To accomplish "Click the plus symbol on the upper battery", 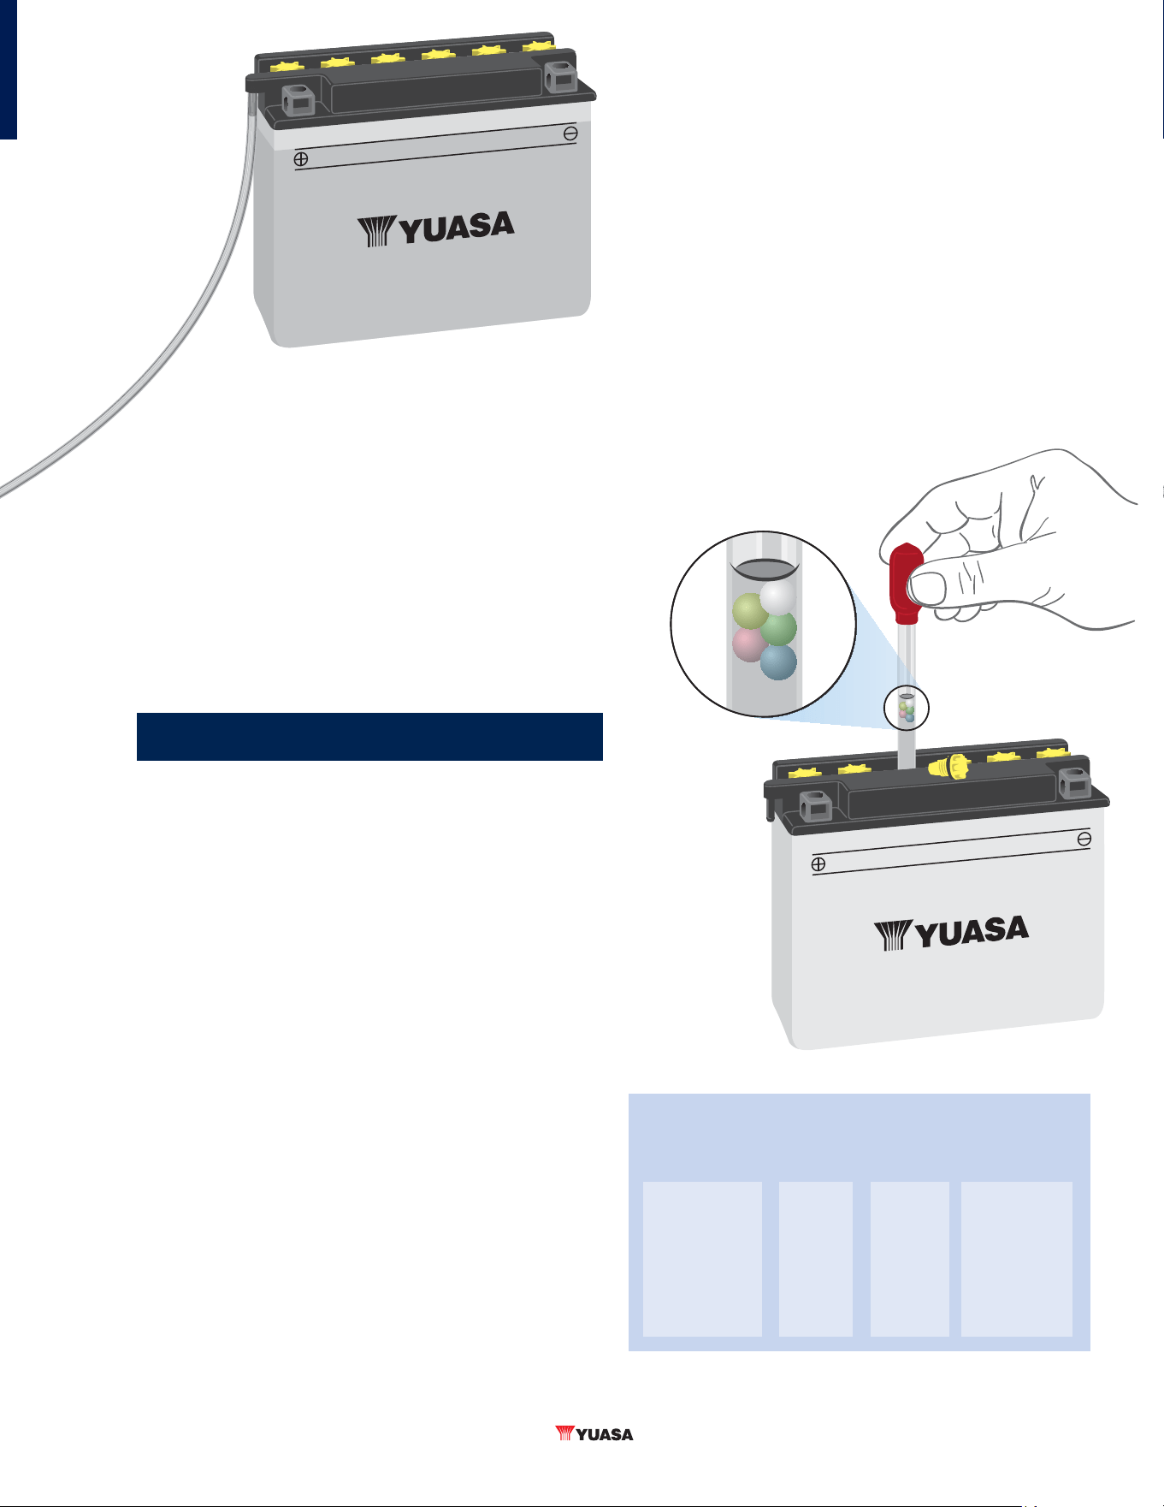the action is click(x=301, y=159).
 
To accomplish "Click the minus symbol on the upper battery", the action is click(x=570, y=133).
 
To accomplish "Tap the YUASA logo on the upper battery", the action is click(x=435, y=228).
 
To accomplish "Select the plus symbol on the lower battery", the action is click(x=818, y=864).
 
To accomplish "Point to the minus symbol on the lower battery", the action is click(x=1084, y=840).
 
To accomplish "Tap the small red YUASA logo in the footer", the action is click(x=594, y=1433).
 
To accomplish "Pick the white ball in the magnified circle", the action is click(x=778, y=597).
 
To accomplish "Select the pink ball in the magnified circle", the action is click(x=749, y=644).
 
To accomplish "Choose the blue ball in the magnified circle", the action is click(x=778, y=662).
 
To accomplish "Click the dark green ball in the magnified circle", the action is click(x=778, y=628).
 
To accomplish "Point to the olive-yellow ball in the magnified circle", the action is click(x=751, y=611).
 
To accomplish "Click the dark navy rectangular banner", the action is click(x=369, y=737).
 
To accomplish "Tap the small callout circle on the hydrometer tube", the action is click(x=907, y=708).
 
